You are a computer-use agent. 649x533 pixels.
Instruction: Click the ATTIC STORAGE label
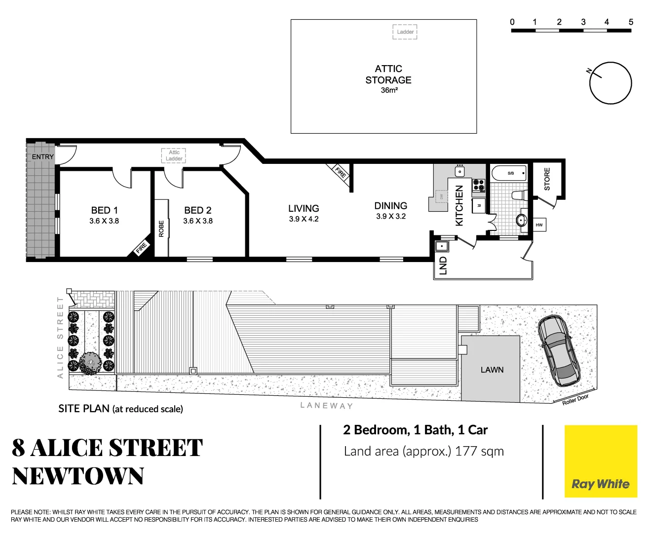tap(388, 75)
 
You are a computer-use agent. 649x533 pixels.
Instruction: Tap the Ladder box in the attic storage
tap(405, 32)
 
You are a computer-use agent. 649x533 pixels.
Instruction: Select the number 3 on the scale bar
tap(583, 22)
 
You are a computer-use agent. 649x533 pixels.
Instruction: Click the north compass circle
tap(611, 83)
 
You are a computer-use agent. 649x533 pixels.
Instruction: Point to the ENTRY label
tap(43, 157)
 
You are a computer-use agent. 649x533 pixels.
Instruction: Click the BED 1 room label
tap(104, 210)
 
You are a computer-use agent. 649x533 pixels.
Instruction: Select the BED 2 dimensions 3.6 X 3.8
tap(198, 221)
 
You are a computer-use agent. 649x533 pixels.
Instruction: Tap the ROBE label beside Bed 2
tap(161, 229)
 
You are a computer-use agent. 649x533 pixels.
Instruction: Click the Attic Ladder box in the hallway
tap(174, 155)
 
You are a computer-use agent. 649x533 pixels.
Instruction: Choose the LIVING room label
tap(304, 208)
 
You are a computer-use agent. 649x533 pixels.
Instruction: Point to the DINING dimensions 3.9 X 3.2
tap(391, 216)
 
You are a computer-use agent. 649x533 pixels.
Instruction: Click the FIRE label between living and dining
tap(341, 172)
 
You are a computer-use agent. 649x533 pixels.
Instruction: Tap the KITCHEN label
tap(459, 205)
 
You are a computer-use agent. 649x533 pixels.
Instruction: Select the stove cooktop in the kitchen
tap(478, 185)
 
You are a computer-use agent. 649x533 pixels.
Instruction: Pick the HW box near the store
tap(539, 225)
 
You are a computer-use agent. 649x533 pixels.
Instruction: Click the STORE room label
tap(547, 179)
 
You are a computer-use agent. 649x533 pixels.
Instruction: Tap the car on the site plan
tap(560, 350)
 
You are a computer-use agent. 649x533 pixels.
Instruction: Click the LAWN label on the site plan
tap(492, 370)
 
